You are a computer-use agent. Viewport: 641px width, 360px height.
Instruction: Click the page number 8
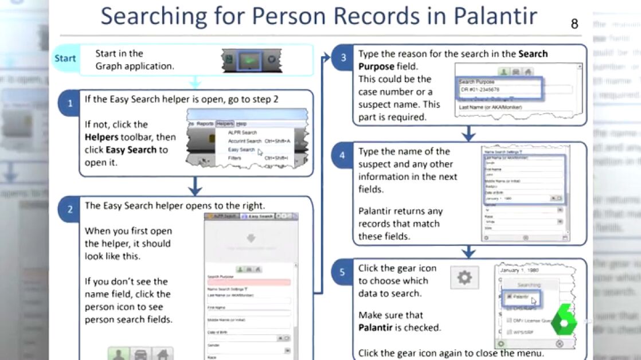pos(574,24)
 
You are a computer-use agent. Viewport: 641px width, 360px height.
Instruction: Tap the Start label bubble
pos(65,58)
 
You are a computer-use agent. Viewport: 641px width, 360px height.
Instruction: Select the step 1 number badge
pos(70,104)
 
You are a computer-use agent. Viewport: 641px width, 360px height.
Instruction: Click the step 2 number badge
pos(70,210)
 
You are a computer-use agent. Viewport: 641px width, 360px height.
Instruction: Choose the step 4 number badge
pos(342,155)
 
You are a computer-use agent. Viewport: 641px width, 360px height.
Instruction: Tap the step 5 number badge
pos(342,272)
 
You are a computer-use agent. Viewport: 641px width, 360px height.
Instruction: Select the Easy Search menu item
pos(241,150)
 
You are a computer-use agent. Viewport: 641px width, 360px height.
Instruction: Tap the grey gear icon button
pos(464,278)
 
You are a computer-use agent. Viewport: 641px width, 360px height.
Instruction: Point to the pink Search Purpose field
pos(249,282)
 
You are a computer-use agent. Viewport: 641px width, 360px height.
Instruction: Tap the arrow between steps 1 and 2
pos(196,186)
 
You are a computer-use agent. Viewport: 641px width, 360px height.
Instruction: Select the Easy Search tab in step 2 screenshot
pos(258,216)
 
